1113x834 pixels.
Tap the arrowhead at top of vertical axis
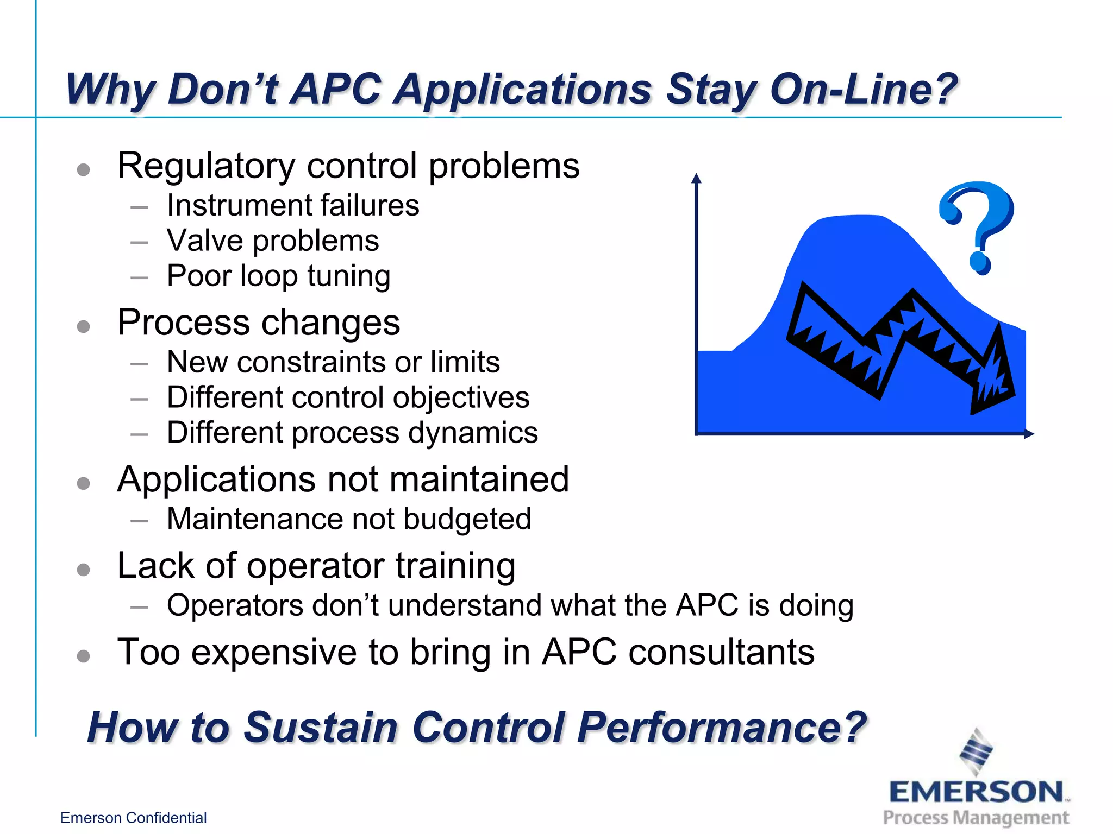point(696,179)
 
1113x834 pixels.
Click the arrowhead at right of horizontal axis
point(1028,434)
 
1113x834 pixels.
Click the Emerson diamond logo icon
point(976,752)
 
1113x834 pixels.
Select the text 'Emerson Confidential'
point(133,818)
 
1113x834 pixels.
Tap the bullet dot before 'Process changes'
point(83,326)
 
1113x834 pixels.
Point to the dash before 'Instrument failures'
point(139,207)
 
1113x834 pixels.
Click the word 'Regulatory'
point(206,166)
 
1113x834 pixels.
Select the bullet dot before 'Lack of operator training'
point(83,570)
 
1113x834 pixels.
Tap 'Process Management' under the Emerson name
point(976,817)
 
